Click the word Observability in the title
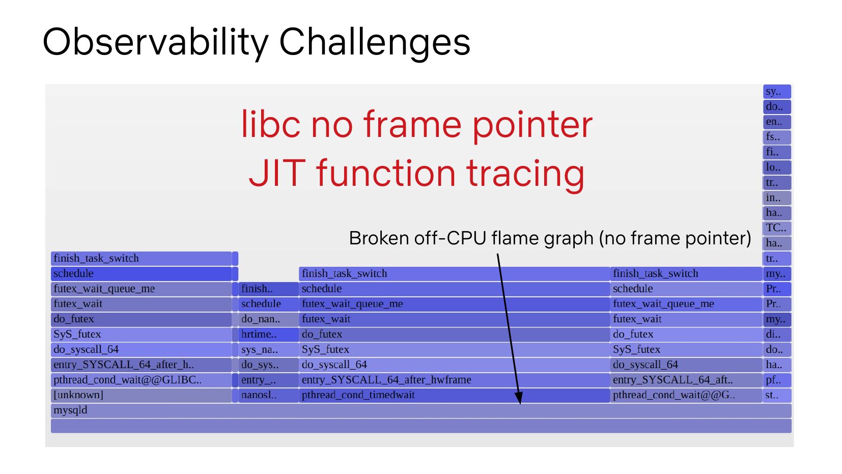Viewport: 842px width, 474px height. click(156, 42)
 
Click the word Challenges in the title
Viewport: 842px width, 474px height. click(375, 42)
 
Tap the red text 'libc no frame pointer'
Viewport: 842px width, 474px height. click(416, 125)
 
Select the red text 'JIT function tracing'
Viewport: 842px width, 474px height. click(416, 173)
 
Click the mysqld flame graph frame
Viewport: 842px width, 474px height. click(421, 410)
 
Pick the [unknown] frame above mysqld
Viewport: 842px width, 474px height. click(142, 395)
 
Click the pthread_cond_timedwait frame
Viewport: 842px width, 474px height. click(454, 395)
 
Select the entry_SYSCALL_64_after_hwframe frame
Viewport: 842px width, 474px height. click(454, 380)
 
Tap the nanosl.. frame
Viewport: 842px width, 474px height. click(268, 395)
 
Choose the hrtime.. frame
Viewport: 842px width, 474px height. click(268, 334)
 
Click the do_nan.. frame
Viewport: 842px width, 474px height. click(268, 319)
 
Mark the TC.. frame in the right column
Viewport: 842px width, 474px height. click(777, 228)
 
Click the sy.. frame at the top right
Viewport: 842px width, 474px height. click(777, 91)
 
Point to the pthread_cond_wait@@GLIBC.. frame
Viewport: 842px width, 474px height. click(142, 380)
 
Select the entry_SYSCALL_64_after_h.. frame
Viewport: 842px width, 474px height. click(142, 365)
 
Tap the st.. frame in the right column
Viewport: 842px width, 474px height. click(777, 395)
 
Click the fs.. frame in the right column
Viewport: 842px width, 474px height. click(777, 137)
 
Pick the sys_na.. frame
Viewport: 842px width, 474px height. click(268, 350)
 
